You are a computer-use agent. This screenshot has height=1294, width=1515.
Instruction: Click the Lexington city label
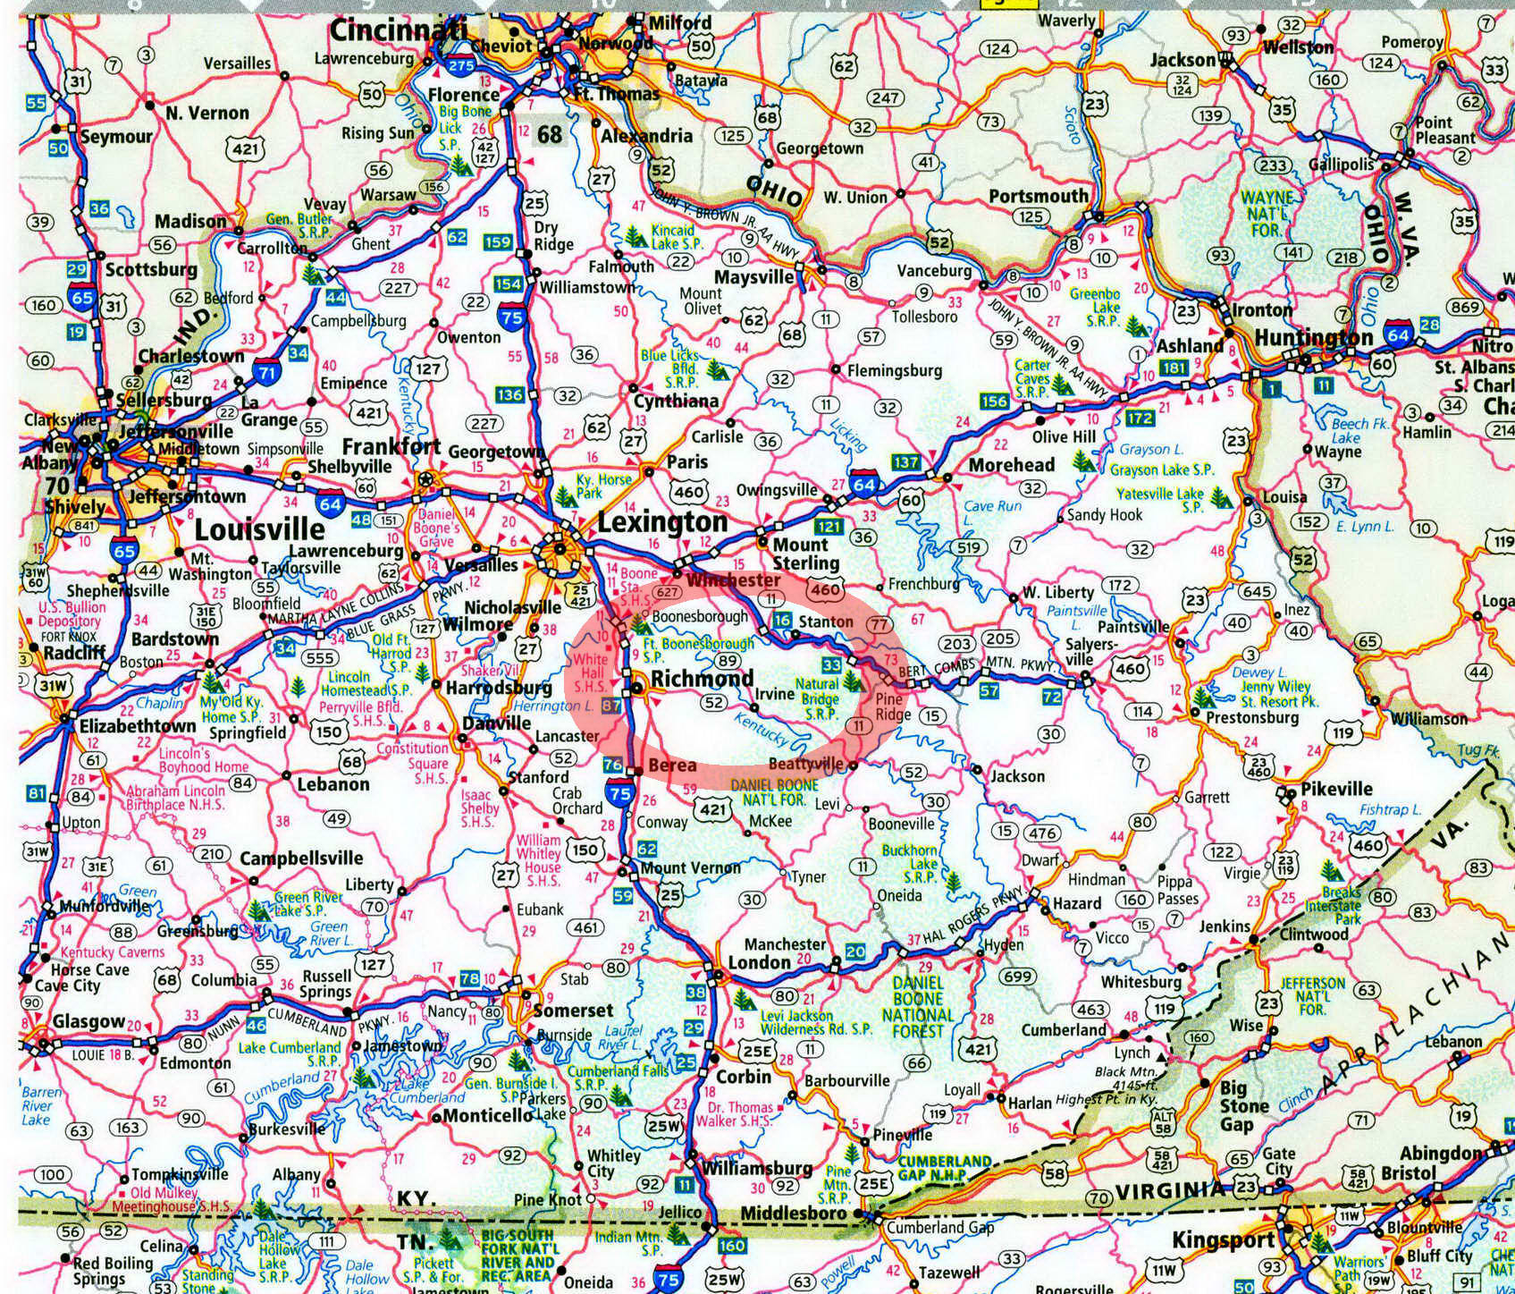point(661,522)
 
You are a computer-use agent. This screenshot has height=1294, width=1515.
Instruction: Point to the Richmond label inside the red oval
point(702,679)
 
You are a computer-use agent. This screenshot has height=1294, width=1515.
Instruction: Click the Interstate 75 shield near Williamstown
point(512,317)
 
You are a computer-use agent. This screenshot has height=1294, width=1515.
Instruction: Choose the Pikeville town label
point(1336,789)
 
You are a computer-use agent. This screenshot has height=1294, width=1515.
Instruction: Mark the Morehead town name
point(1012,465)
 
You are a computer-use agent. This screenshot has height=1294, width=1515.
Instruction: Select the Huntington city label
point(1313,338)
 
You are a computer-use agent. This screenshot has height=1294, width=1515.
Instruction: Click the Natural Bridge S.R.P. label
point(819,698)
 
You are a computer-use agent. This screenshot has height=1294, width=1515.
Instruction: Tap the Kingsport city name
point(1222,1240)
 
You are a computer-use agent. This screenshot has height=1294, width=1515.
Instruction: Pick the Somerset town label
point(573,1011)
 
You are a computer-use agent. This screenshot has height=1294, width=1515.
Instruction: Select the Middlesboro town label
point(793,1214)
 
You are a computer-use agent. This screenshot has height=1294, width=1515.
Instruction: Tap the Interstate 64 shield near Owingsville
point(864,484)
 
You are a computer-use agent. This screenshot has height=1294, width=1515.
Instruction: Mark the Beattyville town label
point(805,765)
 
